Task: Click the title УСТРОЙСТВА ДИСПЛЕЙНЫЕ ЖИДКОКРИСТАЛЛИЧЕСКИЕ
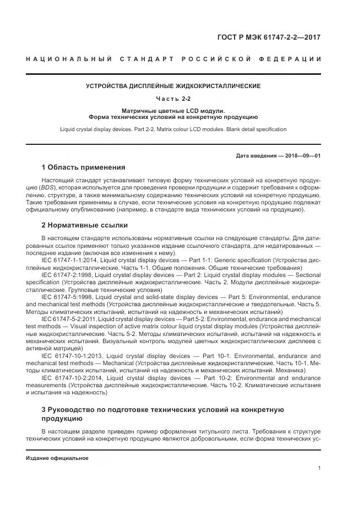point(173,86)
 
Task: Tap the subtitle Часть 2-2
point(173,99)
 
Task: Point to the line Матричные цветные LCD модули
point(173,110)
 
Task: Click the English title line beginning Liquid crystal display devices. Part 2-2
point(173,129)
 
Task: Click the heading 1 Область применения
point(84,167)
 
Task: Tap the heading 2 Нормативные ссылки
point(85,225)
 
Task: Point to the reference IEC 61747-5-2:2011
point(67,318)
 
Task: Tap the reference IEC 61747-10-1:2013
point(70,356)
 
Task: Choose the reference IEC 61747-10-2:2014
point(70,377)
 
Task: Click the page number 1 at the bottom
point(319,468)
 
